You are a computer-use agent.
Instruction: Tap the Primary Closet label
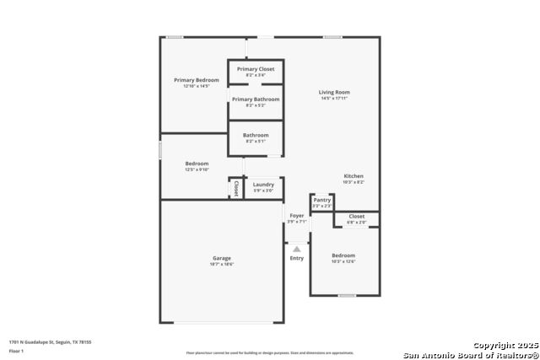[255, 69]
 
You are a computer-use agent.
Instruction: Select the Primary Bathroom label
[255, 99]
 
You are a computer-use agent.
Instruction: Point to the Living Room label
[334, 92]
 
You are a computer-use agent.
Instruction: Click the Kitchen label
[354, 176]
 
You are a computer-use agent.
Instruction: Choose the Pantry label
[322, 200]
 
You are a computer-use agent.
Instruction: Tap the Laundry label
[263, 185]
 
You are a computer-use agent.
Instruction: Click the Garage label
[221, 258]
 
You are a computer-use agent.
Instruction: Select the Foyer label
[297, 216]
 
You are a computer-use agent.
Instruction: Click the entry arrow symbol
[296, 249]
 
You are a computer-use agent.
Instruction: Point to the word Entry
[297, 258]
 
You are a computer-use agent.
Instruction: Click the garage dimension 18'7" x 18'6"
[221, 265]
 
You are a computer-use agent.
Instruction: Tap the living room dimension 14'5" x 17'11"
[334, 99]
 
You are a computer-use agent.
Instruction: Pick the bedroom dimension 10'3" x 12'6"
[343, 261]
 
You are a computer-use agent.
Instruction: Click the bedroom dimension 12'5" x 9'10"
[197, 169]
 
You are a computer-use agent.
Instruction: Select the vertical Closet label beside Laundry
[236, 188]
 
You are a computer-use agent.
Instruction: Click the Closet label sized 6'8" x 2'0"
[357, 217]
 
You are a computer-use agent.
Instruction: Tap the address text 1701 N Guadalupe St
[50, 341]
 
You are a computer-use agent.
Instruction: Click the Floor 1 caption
[17, 350]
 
